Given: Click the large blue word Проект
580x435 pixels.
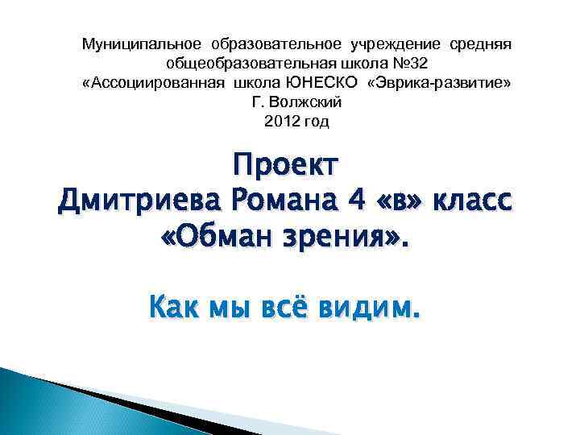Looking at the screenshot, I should click(x=286, y=165).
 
